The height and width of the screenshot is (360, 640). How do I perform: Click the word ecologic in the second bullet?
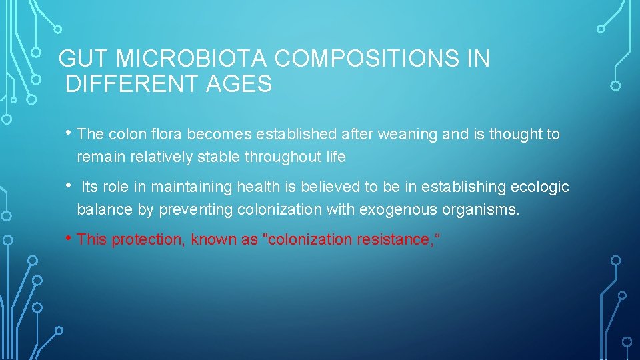click(x=543, y=187)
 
